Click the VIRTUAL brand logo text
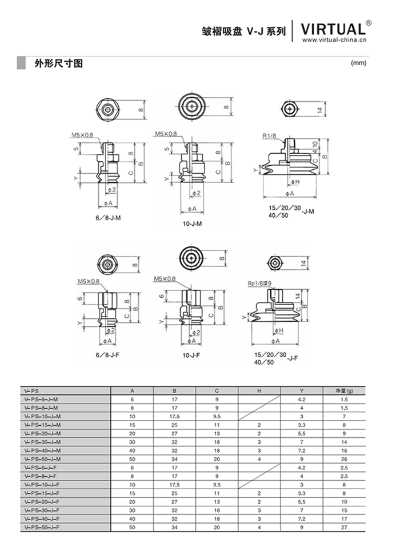(x=333, y=29)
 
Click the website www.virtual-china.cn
(x=334, y=40)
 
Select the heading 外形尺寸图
(x=59, y=63)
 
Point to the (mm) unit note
(x=358, y=63)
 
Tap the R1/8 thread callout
(x=270, y=135)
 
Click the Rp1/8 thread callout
(x=260, y=284)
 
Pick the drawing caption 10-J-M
(x=192, y=223)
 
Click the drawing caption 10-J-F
(x=191, y=356)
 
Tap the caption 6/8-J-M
(x=108, y=218)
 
